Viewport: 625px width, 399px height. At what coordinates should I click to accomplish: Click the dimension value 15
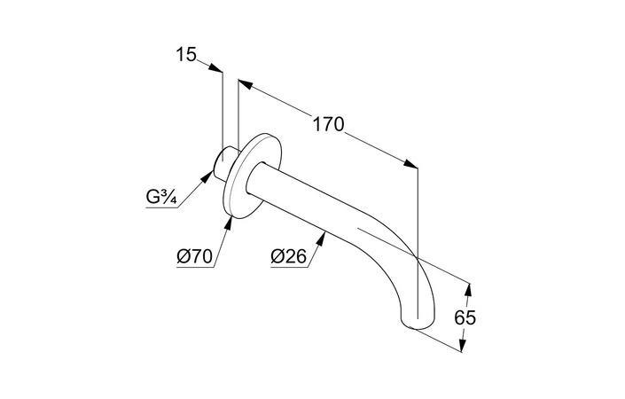click(186, 54)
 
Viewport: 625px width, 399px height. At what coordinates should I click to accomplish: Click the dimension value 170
click(328, 124)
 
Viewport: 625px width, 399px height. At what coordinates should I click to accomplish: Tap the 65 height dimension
click(465, 317)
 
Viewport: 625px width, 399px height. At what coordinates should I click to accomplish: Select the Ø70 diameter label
click(194, 256)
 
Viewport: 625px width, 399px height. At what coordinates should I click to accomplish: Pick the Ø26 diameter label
click(289, 256)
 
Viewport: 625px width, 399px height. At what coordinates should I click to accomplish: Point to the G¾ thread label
click(161, 198)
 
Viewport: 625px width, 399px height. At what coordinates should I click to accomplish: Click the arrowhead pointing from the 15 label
click(215, 66)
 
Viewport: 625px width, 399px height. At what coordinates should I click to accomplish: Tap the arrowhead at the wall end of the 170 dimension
click(246, 84)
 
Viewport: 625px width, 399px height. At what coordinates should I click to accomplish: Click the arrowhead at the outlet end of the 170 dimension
click(410, 164)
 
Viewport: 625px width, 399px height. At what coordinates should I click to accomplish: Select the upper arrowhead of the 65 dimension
click(468, 289)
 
